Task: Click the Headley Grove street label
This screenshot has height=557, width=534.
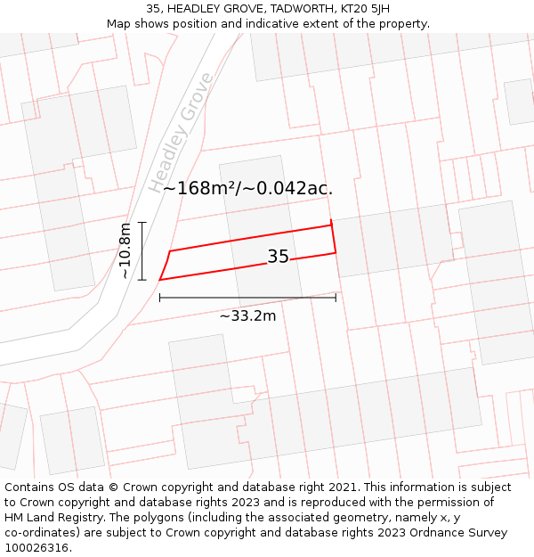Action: [182, 133]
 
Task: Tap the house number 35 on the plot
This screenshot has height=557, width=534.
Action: [278, 257]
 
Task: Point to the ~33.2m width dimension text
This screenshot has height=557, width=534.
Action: [247, 315]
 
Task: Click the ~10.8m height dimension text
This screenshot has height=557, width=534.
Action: [125, 250]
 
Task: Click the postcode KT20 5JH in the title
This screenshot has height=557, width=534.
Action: [365, 9]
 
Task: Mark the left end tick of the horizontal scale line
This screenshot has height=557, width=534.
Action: [160, 298]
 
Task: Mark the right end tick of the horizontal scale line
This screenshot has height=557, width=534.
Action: [336, 298]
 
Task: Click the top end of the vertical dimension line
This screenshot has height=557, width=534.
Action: [142, 222]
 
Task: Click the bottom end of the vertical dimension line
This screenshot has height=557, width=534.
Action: [142, 280]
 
